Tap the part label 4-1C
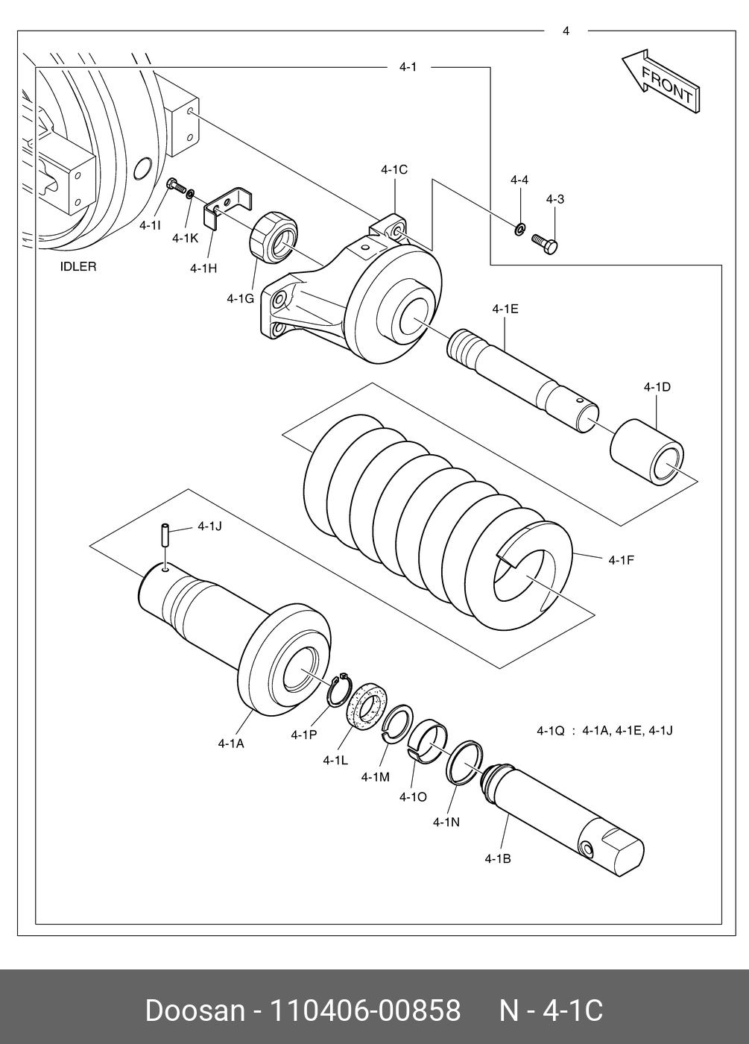394,170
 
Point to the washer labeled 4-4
519,227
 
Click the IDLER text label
78,267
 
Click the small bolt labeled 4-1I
176,184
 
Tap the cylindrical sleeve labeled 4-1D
646,453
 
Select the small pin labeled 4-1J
165,535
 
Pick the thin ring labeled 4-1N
464,761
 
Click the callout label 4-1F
621,559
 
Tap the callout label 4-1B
497,858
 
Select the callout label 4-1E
505,309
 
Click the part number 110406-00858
364,1010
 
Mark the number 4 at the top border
566,31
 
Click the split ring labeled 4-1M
397,723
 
